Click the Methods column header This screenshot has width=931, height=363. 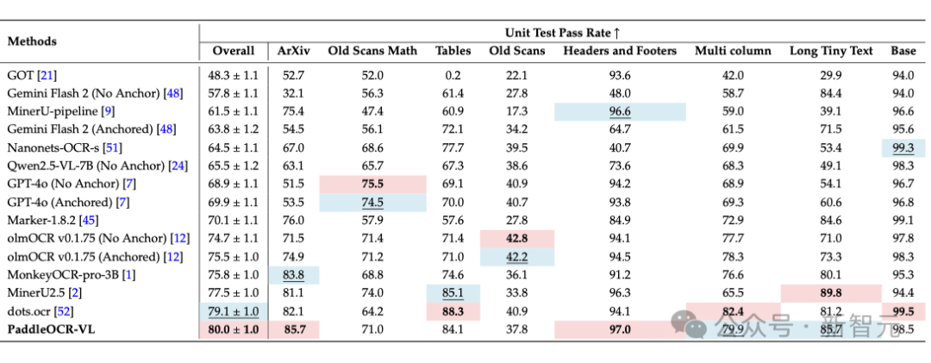click(x=32, y=41)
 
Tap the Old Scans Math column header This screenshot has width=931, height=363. click(x=372, y=51)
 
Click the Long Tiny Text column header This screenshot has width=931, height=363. click(x=831, y=51)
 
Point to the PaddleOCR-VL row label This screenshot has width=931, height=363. click(x=51, y=329)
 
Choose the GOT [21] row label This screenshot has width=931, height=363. click(x=32, y=75)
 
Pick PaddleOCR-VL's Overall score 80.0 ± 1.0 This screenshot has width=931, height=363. click(x=233, y=329)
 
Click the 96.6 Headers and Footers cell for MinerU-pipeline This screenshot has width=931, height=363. click(x=620, y=111)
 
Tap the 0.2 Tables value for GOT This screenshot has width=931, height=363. click(x=453, y=75)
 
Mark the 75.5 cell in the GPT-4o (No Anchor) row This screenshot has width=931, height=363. click(x=372, y=184)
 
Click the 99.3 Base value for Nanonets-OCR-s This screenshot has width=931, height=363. click(x=903, y=147)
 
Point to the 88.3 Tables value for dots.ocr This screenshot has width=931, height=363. click(x=453, y=310)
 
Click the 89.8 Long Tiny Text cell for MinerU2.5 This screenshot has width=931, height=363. click(x=831, y=292)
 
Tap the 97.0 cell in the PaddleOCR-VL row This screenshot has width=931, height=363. click(x=620, y=329)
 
